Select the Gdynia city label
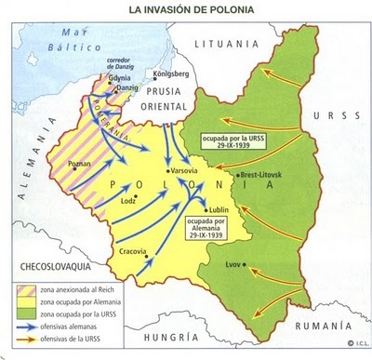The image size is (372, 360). point(120,79)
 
